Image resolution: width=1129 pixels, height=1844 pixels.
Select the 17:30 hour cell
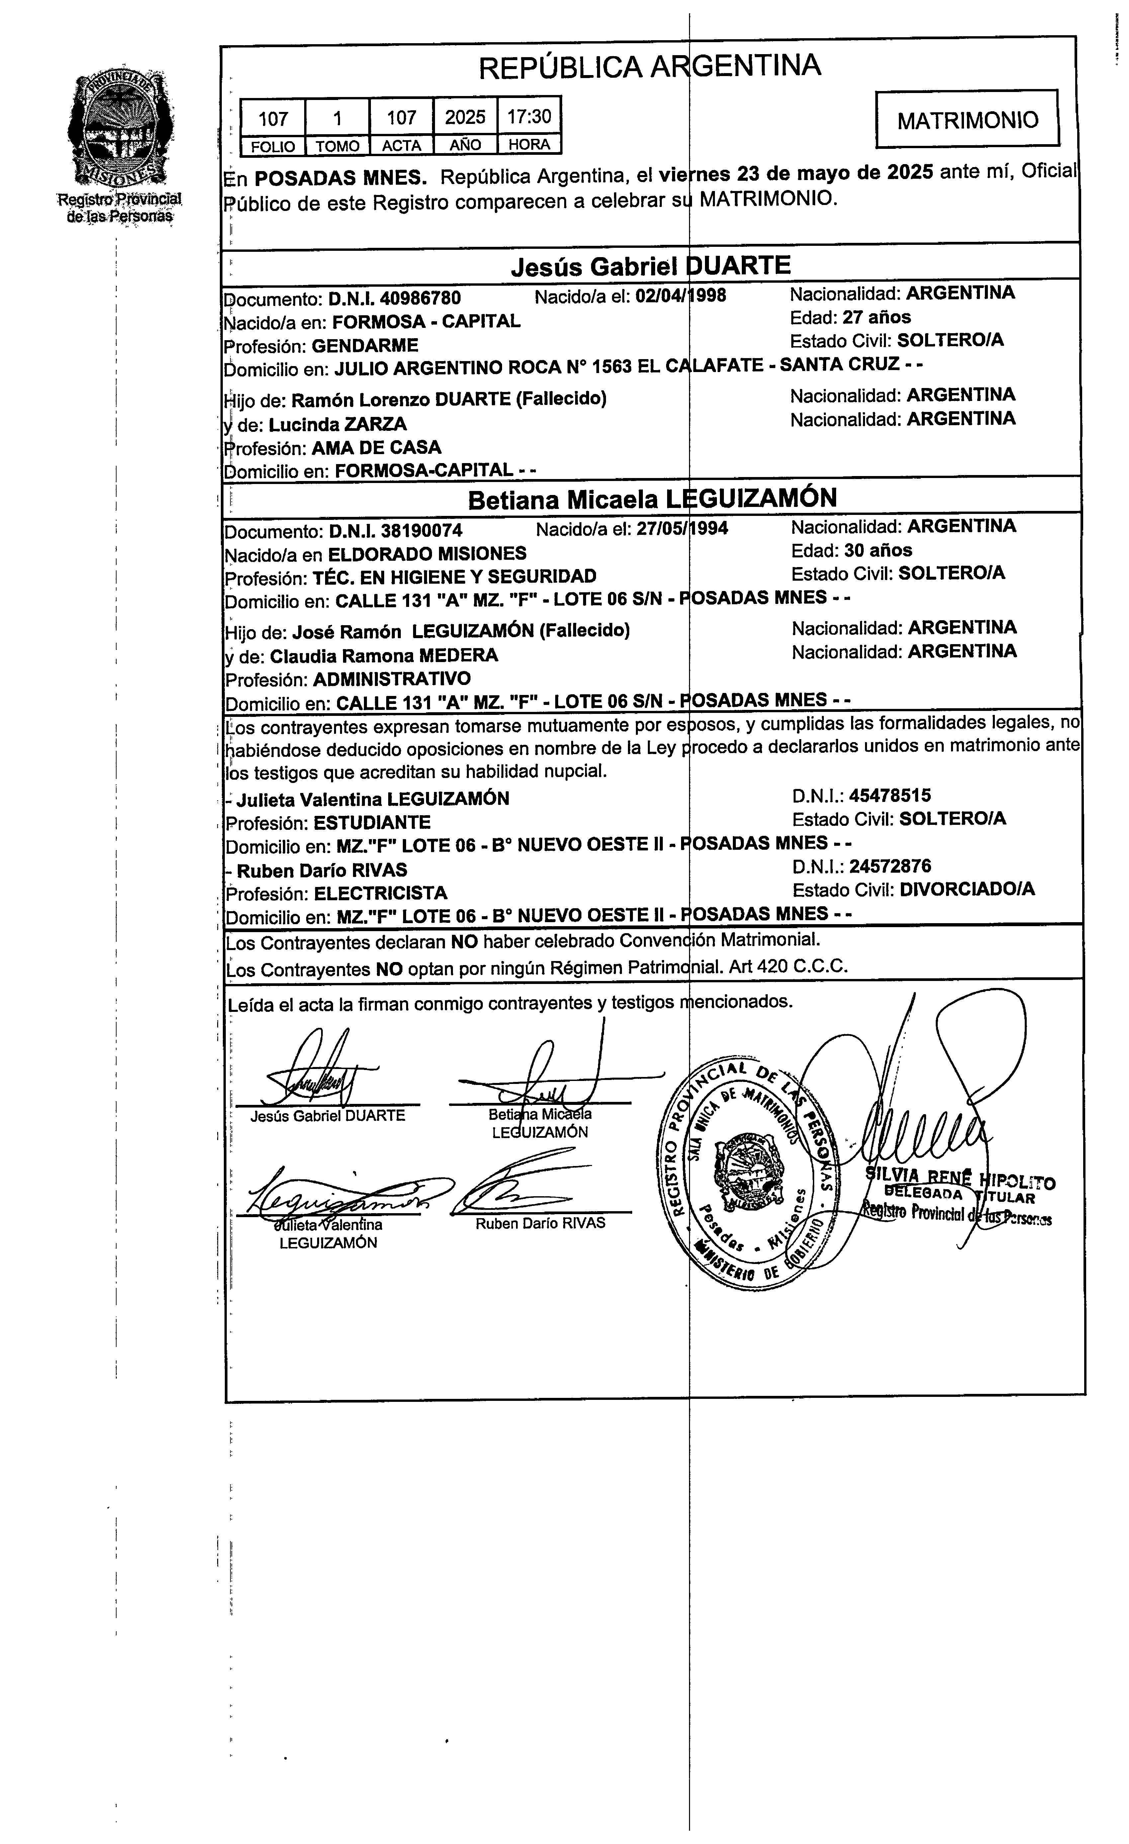[x=529, y=117]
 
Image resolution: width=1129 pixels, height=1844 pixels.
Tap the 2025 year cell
[x=465, y=117]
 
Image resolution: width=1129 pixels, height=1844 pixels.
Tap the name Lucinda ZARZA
[x=337, y=424]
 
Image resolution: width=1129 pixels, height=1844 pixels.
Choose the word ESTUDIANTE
[x=372, y=823]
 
